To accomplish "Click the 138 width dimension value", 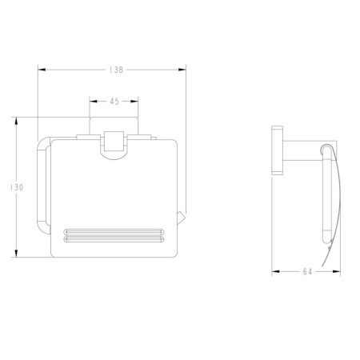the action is [x=116, y=70].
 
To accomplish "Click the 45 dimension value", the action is [x=114, y=102].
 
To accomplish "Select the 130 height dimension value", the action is [x=17, y=187].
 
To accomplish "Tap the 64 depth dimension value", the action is [x=307, y=272].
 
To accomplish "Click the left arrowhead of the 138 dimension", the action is [x=42, y=70].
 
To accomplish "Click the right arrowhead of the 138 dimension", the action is [x=182, y=70].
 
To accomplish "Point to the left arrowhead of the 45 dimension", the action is [x=94, y=102].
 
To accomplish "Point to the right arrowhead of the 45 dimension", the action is [x=134, y=102].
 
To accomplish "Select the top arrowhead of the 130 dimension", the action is [x=17, y=122].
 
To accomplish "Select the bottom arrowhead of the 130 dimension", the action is [x=17, y=254].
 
